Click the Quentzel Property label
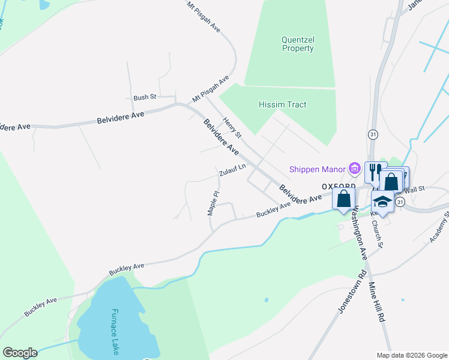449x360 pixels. click(x=298, y=44)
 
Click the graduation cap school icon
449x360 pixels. click(x=382, y=201)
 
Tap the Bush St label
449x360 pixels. click(x=145, y=97)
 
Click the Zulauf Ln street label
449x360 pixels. click(x=232, y=170)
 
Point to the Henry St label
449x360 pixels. click(x=232, y=127)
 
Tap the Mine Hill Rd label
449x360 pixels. click(x=376, y=302)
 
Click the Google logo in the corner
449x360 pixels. click(x=20, y=353)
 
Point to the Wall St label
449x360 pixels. click(x=417, y=188)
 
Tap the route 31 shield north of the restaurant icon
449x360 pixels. click(x=373, y=134)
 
